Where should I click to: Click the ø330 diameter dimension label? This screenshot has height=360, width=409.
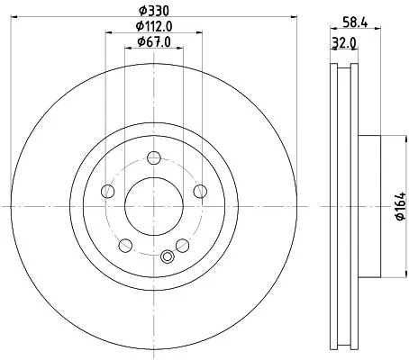[154, 10]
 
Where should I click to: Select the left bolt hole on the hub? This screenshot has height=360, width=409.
[108, 191]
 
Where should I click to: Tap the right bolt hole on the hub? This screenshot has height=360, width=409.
[199, 191]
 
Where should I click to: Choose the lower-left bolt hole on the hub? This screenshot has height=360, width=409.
[125, 246]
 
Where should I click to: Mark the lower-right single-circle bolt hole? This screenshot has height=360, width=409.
[182, 246]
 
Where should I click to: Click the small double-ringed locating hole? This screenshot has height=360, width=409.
[165, 257]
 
